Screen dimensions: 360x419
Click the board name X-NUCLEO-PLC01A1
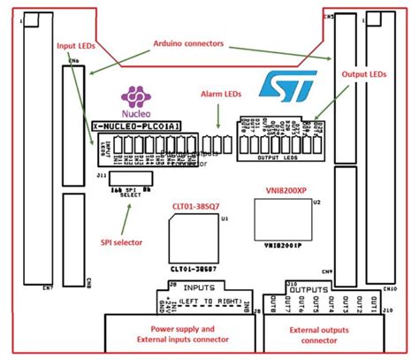(x=136, y=127)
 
